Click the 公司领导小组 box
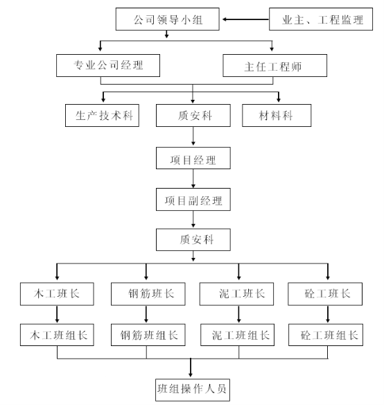[167, 19]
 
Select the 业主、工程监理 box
[321, 19]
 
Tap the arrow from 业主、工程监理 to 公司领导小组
[246, 19]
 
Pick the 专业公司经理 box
[108, 65]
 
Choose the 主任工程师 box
[274, 65]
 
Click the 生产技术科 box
[102, 115]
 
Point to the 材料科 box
[277, 115]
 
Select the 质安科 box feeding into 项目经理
[193, 115]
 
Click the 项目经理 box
[193, 158]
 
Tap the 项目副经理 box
[193, 200]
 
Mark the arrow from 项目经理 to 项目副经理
[193, 178]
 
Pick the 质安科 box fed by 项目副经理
[193, 240]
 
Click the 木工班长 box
[57, 294]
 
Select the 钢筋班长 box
[148, 294]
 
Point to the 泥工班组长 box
[237, 335]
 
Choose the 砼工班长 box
[325, 294]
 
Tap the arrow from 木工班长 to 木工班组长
[57, 315]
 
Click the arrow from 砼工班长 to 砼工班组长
[328, 315]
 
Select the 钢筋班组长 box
[148, 335]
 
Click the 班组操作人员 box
[193, 390]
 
